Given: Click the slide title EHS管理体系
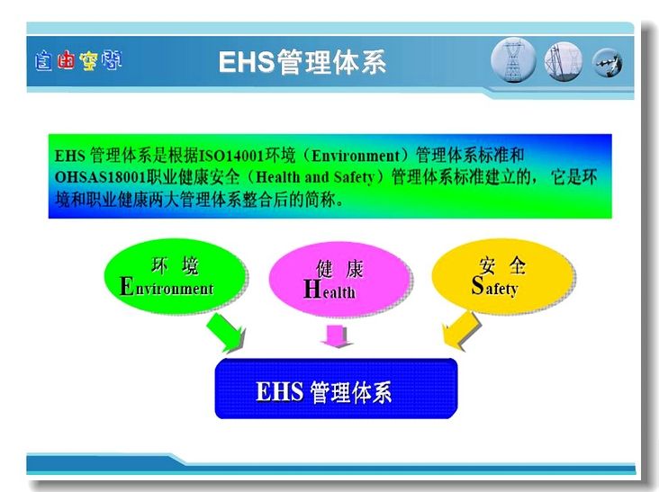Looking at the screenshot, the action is pyautogui.click(x=302, y=63).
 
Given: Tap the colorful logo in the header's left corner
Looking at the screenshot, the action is pyautogui.click(x=78, y=61).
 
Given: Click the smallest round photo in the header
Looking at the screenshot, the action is pyautogui.click(x=608, y=63).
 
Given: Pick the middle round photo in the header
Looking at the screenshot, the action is pyautogui.click(x=564, y=61).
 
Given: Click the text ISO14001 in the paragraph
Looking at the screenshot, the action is pyautogui.click(x=230, y=156).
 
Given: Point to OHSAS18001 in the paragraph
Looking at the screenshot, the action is pyautogui.click(x=100, y=177).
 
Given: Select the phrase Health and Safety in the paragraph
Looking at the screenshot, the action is pyautogui.click(x=315, y=177).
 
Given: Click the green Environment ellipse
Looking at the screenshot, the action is pyautogui.click(x=175, y=276).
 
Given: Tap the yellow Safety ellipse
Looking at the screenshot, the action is pyautogui.click(x=502, y=276).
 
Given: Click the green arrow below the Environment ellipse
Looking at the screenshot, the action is pyautogui.click(x=224, y=334).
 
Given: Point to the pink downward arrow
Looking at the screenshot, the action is pyautogui.click(x=335, y=335).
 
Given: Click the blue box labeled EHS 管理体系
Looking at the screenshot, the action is pyautogui.click(x=336, y=389).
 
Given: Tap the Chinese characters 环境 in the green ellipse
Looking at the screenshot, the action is pyautogui.click(x=175, y=265).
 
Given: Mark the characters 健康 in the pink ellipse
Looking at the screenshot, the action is pyautogui.click(x=339, y=269).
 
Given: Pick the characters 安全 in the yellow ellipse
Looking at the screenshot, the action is pyautogui.click(x=502, y=265).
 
